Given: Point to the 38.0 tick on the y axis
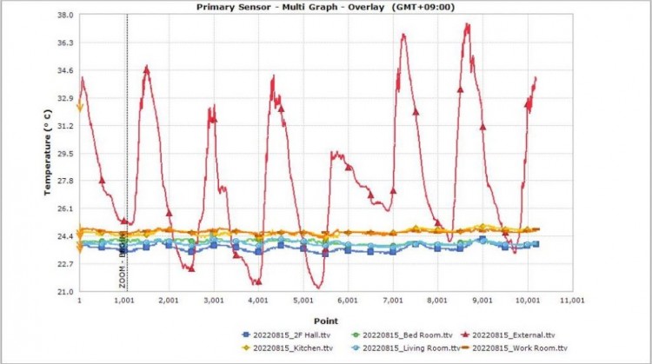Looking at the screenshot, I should point(63,15).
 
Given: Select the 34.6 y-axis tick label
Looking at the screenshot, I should point(63,70).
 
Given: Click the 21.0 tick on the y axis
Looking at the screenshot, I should point(63,291).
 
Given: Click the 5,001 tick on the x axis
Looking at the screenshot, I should point(303,301).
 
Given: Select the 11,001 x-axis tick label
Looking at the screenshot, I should point(572,301).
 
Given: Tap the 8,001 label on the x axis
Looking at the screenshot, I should point(437,301).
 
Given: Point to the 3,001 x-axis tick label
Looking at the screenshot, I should point(214,301).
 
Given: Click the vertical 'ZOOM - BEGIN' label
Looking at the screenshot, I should point(123,264).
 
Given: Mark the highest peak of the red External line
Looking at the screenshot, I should point(468,24).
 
